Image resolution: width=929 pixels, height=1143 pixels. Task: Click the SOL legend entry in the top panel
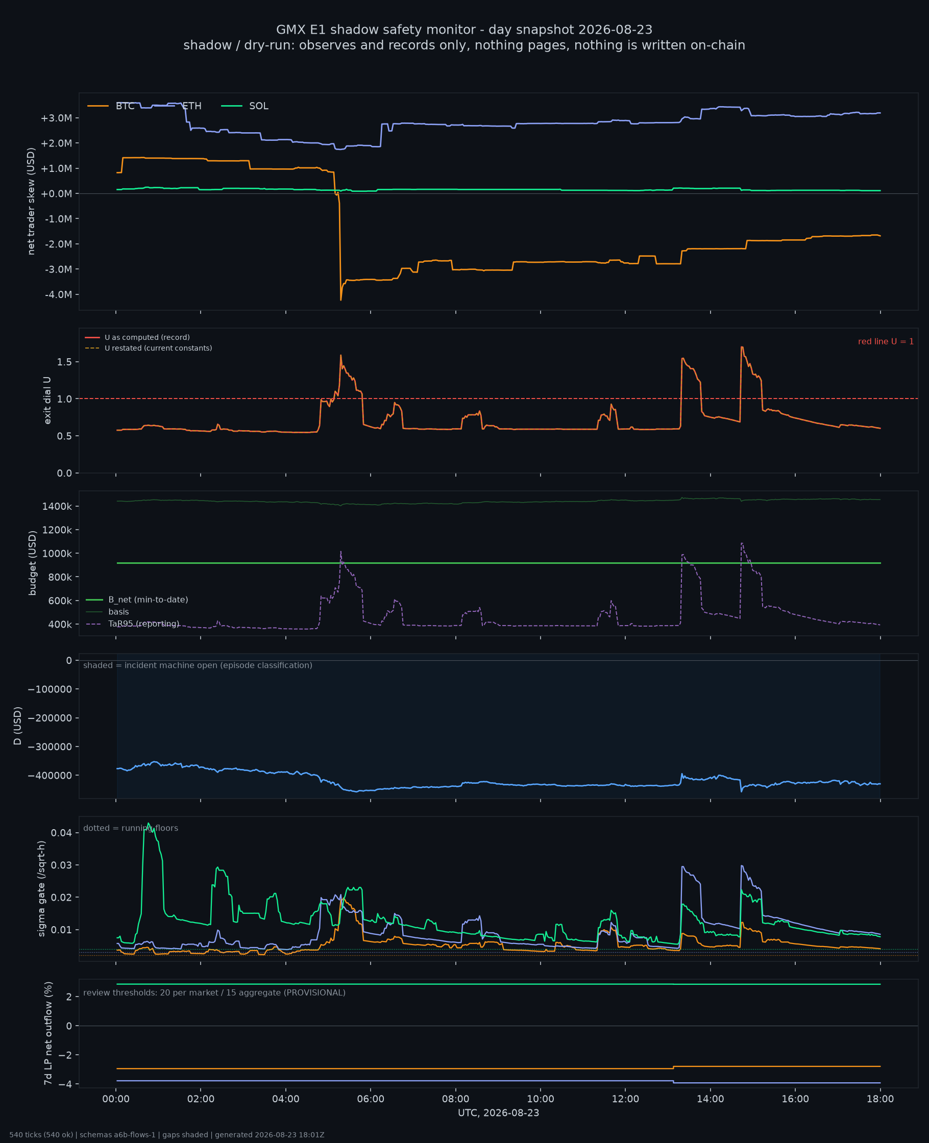(245, 106)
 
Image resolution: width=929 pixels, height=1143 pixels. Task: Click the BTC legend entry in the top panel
(111, 106)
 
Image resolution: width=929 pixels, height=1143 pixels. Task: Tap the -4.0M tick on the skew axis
(58, 295)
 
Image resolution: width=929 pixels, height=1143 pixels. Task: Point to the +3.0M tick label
(56, 118)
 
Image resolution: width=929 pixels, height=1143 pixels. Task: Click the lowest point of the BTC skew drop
(341, 300)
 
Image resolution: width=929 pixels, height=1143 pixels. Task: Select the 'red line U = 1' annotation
(886, 341)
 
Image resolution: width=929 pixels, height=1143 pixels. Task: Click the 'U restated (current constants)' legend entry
(148, 348)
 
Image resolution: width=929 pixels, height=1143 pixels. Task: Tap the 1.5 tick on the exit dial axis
(64, 362)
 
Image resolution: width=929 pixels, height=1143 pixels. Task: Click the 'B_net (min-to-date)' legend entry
(137, 600)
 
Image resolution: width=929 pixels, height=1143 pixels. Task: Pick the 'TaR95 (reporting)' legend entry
(132, 624)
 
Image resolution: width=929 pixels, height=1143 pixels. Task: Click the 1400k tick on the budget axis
(57, 507)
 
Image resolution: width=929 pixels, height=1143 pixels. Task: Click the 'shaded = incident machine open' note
(198, 665)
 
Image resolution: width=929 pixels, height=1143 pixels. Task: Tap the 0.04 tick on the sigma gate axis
(62, 833)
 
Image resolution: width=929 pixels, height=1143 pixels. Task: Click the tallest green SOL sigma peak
(148, 823)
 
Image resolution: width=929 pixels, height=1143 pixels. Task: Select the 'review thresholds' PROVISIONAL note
(214, 992)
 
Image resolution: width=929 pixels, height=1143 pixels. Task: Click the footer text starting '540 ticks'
(166, 1135)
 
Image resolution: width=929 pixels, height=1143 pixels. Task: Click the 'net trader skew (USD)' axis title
(31, 202)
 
